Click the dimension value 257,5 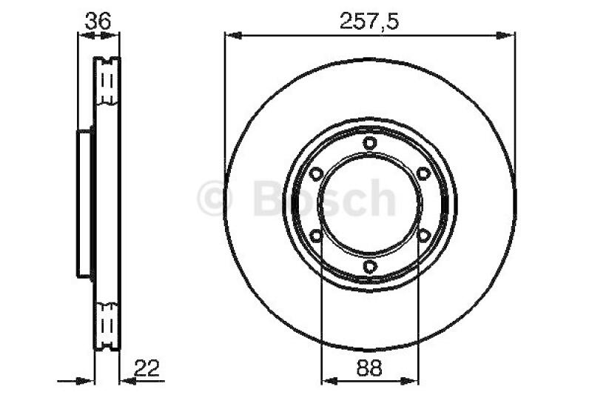pos(369,21)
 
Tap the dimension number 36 pos(97,21)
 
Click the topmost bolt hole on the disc pos(369,144)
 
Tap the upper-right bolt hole pos(423,174)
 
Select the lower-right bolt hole pos(423,236)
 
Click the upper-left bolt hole pos(316,174)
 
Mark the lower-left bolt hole pos(316,236)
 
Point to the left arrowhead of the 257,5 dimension pos(230,33)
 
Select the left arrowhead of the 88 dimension pos(326,380)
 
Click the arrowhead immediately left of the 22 pos(125,380)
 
